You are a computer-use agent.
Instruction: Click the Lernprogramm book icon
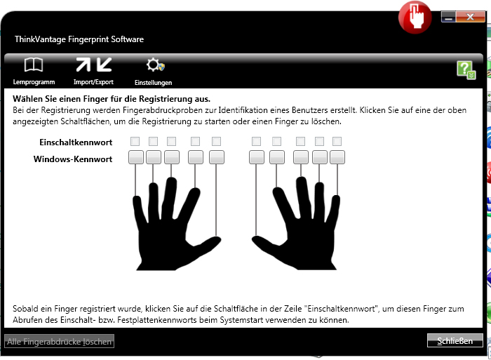[x=34, y=65]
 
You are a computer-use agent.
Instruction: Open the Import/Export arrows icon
[x=93, y=65]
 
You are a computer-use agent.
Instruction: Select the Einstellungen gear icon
[x=155, y=65]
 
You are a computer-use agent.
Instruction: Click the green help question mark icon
[x=466, y=70]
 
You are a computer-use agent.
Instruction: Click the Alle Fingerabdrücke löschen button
[x=59, y=341]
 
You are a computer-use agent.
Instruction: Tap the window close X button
[x=471, y=17]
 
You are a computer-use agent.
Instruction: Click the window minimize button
[x=448, y=17]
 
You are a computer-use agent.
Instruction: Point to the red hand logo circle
[x=415, y=17]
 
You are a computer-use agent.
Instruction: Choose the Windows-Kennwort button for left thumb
[x=217, y=157]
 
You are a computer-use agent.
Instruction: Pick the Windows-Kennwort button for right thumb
[x=257, y=157]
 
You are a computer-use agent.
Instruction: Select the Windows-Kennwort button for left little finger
[x=136, y=157]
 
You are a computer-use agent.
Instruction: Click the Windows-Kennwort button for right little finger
[x=337, y=157]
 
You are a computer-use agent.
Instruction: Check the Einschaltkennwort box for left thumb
[x=216, y=141]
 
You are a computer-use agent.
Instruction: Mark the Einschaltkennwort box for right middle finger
[x=301, y=141]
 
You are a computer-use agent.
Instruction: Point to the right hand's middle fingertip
[x=301, y=181]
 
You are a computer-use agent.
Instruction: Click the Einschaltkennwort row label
[x=76, y=142]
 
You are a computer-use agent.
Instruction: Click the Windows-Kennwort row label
[x=73, y=159]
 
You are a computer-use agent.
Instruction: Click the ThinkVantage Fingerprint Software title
[x=79, y=39]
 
